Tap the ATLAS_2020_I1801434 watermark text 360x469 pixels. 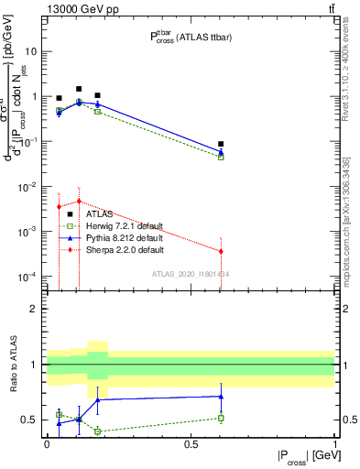click(190, 273)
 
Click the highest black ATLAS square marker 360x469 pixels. click(79, 89)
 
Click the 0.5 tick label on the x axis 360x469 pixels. click(191, 443)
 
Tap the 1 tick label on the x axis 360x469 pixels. click(334, 443)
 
